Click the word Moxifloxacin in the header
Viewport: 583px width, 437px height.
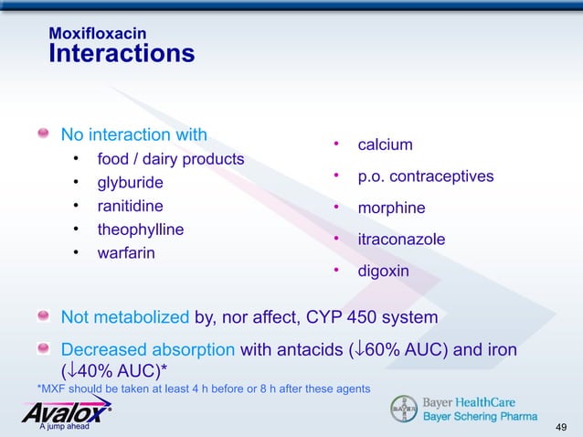(x=97, y=34)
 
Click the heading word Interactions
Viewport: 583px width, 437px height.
(x=121, y=54)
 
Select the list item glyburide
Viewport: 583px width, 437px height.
(x=123, y=183)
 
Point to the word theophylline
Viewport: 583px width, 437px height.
(x=140, y=229)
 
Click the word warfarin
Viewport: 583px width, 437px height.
(x=125, y=252)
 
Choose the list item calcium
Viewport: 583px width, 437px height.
(x=385, y=145)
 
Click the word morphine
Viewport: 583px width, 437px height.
(x=391, y=208)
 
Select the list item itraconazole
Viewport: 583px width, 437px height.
(x=401, y=240)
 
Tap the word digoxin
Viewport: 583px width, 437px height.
(x=383, y=272)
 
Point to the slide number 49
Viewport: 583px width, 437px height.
(x=562, y=427)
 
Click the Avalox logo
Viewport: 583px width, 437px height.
(x=65, y=414)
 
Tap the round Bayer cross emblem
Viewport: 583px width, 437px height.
(x=403, y=409)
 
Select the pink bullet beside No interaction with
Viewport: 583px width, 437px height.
(x=43, y=135)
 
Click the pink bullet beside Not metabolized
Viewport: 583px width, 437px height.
(x=43, y=316)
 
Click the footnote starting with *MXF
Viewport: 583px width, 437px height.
(x=203, y=389)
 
